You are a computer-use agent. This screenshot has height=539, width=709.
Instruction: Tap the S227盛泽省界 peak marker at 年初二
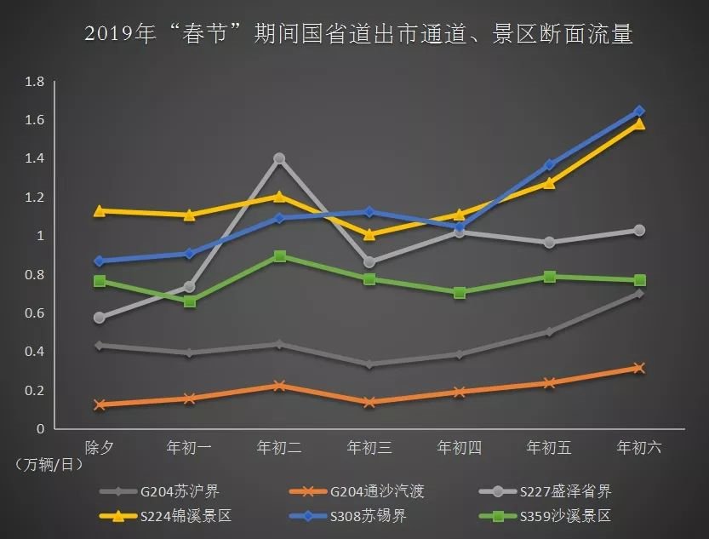coord(279,158)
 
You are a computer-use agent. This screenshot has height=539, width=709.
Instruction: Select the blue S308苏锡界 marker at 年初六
coord(639,112)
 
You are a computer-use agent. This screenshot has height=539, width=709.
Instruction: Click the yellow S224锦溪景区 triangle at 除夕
coord(100,210)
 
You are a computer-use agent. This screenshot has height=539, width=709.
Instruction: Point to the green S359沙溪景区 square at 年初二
coord(279,256)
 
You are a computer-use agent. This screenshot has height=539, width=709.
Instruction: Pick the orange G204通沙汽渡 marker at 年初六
coord(639,368)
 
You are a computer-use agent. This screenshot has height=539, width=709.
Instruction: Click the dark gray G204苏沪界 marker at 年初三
coord(369,364)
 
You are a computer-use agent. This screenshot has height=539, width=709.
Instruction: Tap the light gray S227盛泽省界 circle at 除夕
coord(100,318)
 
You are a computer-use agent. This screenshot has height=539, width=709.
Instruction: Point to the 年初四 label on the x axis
coord(460,447)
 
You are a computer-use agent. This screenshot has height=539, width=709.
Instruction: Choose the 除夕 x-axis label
coord(100,447)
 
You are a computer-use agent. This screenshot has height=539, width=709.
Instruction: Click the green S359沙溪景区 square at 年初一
coord(190,301)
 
